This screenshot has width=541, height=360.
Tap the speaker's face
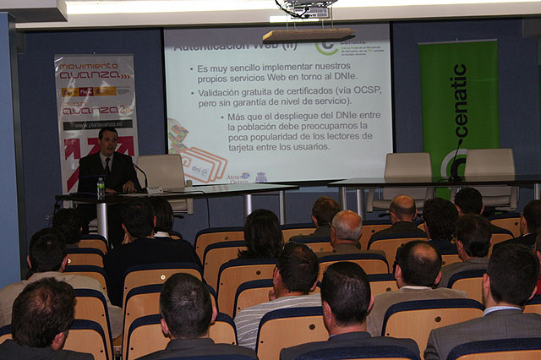click(x=107, y=140)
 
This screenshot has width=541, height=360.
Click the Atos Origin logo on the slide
click(x=238, y=177)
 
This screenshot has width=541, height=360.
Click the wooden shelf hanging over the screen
click(x=308, y=35)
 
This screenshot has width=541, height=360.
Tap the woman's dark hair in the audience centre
click(x=262, y=233)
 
